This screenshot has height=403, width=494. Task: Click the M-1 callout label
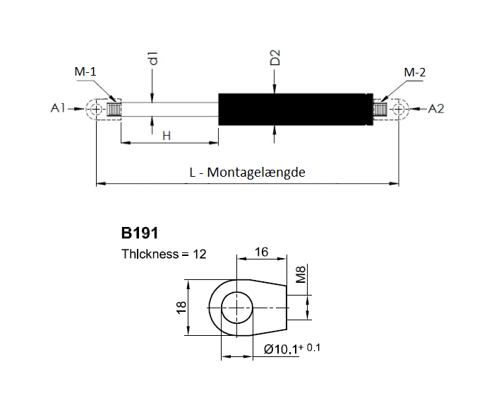tap(85, 71)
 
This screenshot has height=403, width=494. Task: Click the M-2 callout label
tap(415, 72)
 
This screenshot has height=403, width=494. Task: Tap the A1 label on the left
tap(58, 108)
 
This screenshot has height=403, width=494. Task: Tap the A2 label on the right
tap(436, 109)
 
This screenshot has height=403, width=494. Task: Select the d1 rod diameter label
tap(153, 59)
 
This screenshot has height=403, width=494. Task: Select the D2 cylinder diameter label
tap(275, 57)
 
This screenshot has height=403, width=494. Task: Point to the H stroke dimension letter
tap(167, 136)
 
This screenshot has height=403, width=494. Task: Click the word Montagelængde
tap(256, 173)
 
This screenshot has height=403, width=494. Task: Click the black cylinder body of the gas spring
tap(296, 109)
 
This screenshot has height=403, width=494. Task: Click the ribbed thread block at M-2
tap(380, 110)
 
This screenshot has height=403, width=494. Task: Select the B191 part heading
tap(140, 233)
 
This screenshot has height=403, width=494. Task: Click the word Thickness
tap(150, 254)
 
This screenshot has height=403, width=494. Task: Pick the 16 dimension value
tap(261, 252)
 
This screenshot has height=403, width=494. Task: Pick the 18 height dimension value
tap(182, 308)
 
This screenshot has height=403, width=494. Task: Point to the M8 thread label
tap(301, 274)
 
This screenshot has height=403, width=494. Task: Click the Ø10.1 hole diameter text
tap(281, 349)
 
